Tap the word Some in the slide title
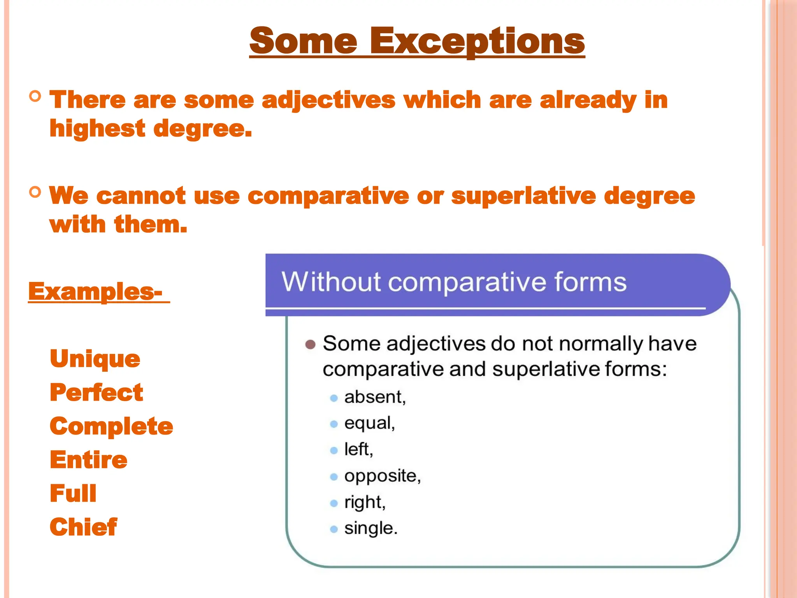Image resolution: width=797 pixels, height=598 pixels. point(303,41)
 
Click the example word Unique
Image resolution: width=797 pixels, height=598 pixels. point(95,359)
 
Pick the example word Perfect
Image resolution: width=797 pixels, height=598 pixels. point(97,392)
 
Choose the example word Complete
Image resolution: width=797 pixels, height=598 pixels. point(111,426)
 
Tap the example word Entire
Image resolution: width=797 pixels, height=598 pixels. point(89,460)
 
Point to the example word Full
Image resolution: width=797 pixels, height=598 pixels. point(73,493)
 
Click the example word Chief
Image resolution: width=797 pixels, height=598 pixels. point(83,527)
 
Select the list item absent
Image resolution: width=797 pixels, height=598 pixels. point(375,397)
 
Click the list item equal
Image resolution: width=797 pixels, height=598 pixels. point(369,423)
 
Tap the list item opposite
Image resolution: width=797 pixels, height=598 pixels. point(382,476)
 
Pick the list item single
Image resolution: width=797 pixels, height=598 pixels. point(370,528)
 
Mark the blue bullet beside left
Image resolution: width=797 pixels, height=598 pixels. point(334,450)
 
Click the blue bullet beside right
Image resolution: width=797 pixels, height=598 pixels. point(334,503)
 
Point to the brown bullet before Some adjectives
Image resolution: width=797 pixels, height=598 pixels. point(310,345)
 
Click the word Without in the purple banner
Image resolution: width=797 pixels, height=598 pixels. point(331,281)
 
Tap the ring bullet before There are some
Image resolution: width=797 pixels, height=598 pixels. point(35,96)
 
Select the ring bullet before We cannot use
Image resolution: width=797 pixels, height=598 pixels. point(35,192)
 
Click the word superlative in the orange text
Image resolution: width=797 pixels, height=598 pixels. point(523,196)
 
